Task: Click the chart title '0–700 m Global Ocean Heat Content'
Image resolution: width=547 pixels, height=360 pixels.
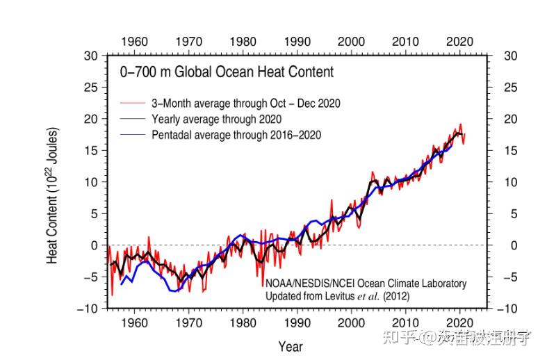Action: coord(227,72)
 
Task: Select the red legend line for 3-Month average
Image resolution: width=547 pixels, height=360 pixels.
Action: coord(131,104)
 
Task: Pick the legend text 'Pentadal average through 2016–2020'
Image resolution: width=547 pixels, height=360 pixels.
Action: coord(236,134)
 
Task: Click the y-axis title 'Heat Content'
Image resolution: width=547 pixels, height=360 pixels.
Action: coord(53,195)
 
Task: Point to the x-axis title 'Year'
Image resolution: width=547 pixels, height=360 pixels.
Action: coord(290,346)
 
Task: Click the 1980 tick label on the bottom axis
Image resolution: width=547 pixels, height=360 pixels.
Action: coord(243,323)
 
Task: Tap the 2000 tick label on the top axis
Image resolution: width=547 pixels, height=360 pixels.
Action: coord(351,41)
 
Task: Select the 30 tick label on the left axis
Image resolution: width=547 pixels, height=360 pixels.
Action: coord(91,56)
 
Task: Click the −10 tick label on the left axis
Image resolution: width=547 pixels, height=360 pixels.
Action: coord(88,309)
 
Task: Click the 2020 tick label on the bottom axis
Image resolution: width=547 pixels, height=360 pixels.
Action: coord(459,323)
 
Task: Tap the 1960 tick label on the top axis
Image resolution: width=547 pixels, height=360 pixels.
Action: coord(134,41)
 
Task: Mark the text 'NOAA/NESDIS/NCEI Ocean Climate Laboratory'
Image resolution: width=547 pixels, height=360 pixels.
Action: coord(366,284)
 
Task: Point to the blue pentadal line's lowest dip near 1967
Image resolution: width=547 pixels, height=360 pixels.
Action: coord(174,291)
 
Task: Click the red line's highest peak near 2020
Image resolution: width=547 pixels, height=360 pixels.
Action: coord(459,124)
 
